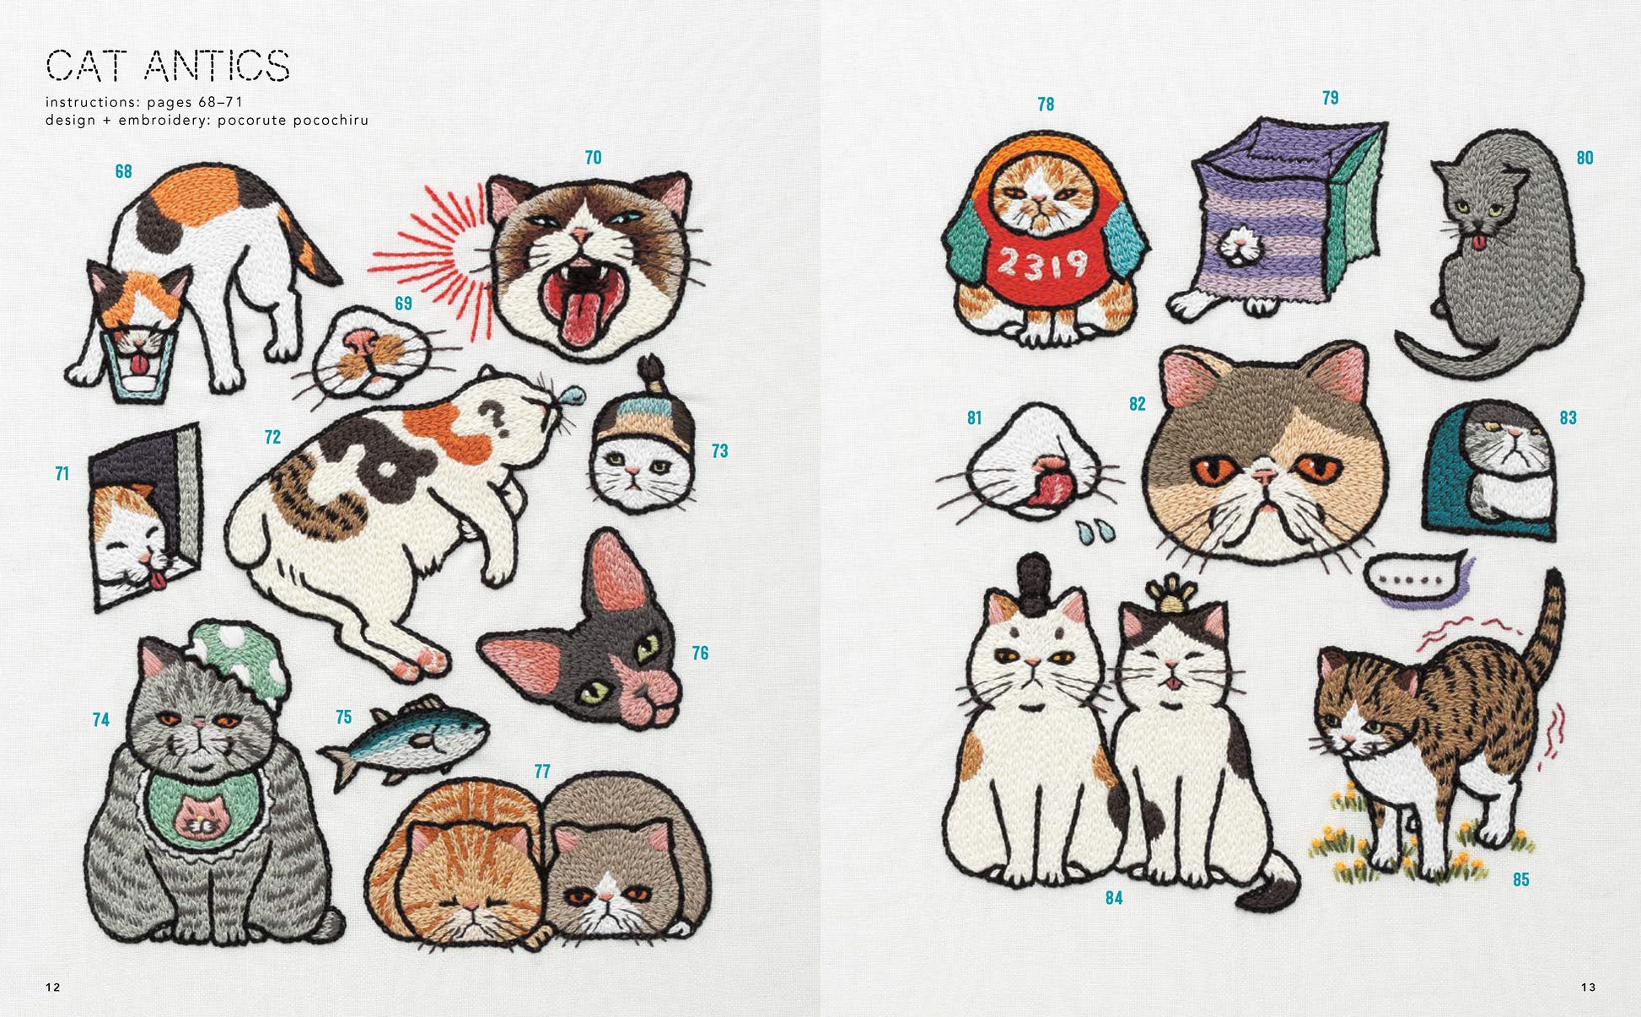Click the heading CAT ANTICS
(168, 66)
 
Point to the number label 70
(593, 158)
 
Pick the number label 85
(1520, 880)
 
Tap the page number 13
(1589, 987)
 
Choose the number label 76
(700, 653)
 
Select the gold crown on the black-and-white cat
(1168, 595)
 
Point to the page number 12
(53, 987)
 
